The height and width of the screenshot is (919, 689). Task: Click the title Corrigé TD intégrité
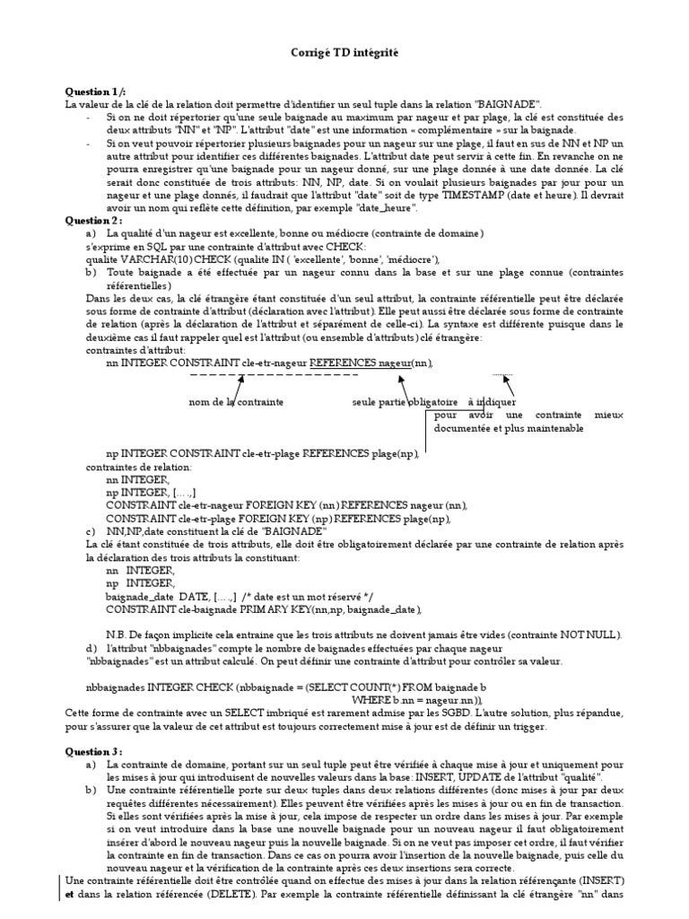pyautogui.click(x=344, y=55)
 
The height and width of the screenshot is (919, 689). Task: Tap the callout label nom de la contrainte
pyautogui.click(x=236, y=403)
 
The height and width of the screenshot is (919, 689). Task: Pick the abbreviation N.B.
pyautogui.click(x=117, y=635)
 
